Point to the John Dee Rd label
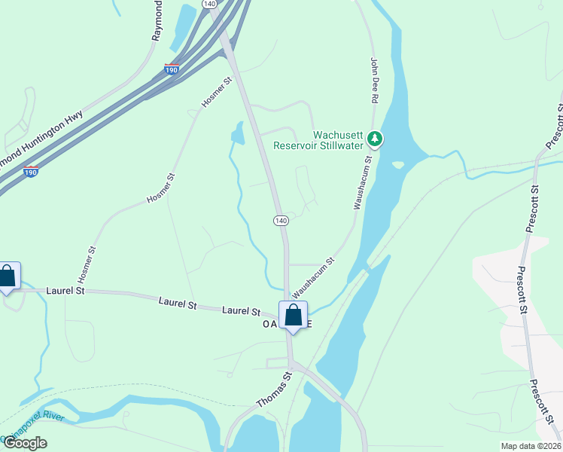373,80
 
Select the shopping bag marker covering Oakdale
293,316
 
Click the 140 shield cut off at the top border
208,4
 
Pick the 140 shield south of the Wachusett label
280,220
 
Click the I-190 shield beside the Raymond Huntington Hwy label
31,171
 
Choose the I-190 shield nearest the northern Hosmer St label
172,69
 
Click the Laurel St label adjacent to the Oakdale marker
241,310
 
